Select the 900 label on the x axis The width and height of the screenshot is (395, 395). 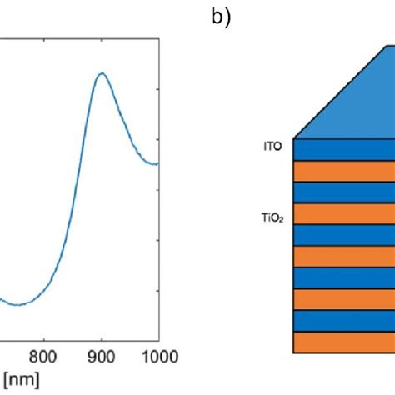100,357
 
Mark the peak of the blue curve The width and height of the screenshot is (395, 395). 101,73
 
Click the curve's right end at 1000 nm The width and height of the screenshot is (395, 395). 157,163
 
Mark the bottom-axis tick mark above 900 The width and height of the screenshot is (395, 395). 101,337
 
